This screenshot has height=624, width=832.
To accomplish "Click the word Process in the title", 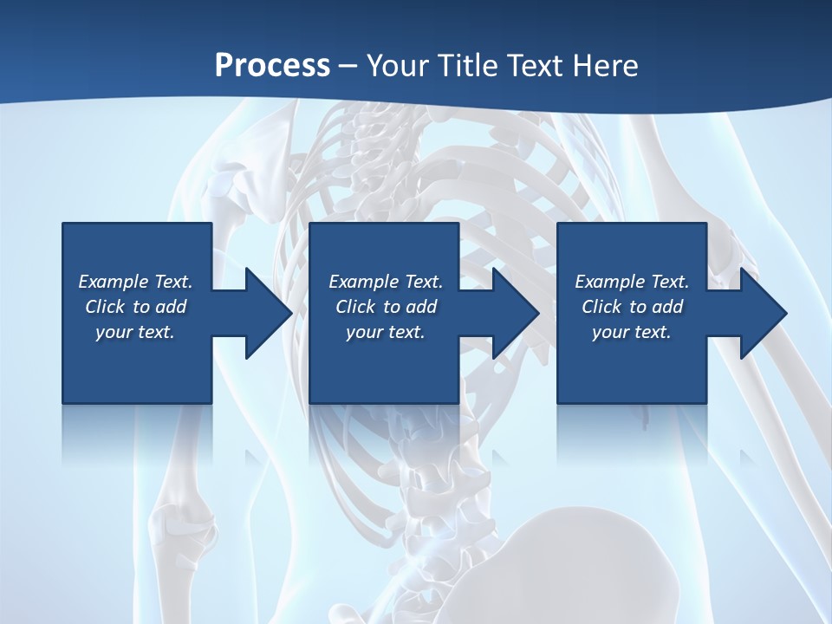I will pos(272,65).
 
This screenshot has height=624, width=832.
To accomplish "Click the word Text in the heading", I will pos(532,65).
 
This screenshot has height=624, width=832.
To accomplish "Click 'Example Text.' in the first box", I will pos(135,282).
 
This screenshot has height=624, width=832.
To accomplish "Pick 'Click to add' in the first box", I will pos(135,307).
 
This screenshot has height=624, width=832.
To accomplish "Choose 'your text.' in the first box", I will pos(135,332).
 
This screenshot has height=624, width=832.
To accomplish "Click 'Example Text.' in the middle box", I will pos(386,282).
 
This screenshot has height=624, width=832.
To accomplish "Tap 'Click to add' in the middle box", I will pos(386,307).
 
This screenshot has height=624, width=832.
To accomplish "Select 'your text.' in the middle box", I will pos(386,332).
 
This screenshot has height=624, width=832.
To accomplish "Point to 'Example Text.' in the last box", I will pos(632,282).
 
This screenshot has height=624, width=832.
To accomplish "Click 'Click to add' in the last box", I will pos(632,307).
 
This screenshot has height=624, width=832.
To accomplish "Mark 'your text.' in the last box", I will pos(632,332).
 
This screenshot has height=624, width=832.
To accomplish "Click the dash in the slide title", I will pos(348,67).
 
